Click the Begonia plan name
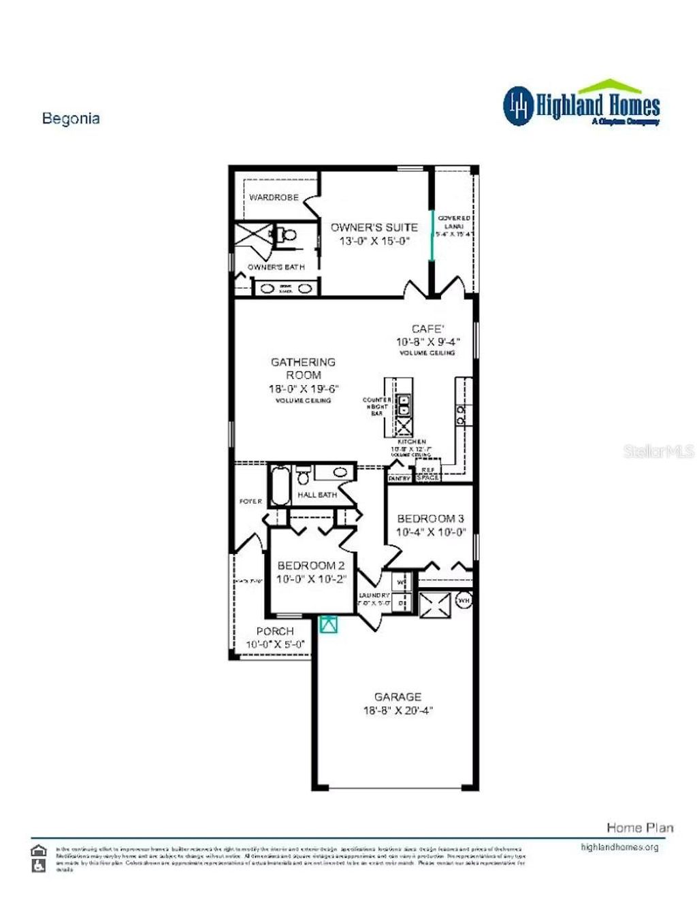[x=71, y=118]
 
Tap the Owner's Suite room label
[x=374, y=227]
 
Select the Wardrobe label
[x=274, y=197]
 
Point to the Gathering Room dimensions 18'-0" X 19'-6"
[x=304, y=389]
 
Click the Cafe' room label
[x=427, y=329]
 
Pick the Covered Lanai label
[x=454, y=222]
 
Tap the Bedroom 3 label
[x=430, y=519]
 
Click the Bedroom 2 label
[x=310, y=566]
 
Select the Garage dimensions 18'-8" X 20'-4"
[x=398, y=710]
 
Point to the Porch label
[x=275, y=632]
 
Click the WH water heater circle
[x=464, y=601]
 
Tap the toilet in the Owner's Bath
[x=289, y=235]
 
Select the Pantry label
[x=400, y=478]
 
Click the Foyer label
[x=250, y=502]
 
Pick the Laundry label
[x=374, y=595]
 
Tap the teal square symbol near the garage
[x=329, y=624]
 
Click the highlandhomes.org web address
[x=619, y=847]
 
